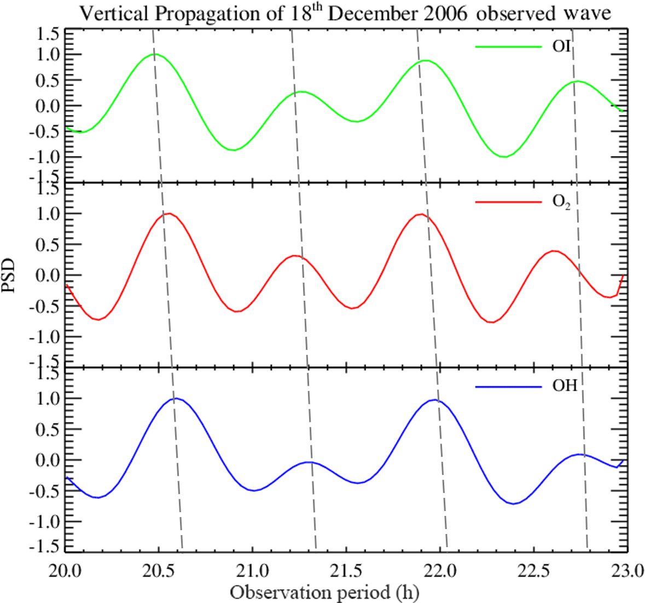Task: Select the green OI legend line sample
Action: [508, 47]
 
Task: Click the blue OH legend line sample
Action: [508, 386]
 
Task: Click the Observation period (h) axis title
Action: [324, 592]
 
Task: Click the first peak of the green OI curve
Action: [155, 54]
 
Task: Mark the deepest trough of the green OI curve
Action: [504, 157]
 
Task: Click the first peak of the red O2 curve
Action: [168, 213]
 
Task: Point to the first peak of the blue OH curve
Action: [177, 398]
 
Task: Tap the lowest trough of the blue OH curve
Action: [514, 503]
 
